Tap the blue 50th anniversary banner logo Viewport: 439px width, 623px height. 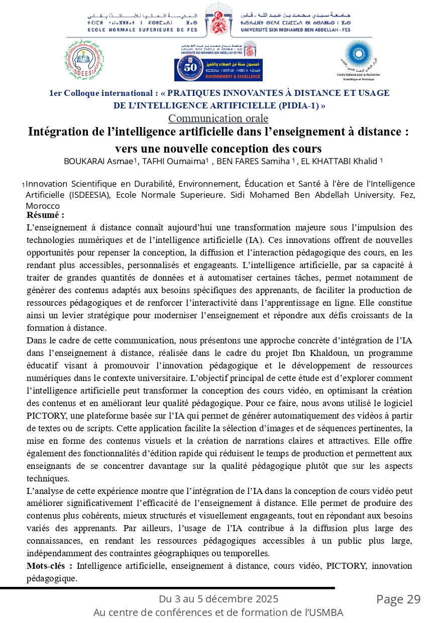click(x=218, y=69)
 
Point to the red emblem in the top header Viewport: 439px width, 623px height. click(x=218, y=22)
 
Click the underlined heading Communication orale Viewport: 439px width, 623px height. click(x=218, y=118)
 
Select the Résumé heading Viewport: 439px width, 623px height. click(x=45, y=215)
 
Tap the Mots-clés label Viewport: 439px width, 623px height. click(x=49, y=566)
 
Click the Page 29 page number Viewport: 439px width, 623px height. click(x=398, y=599)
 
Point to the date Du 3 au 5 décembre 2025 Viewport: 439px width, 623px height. click(x=218, y=599)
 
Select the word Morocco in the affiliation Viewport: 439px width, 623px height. click(x=42, y=206)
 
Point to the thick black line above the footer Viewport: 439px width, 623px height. click(x=167, y=587)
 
